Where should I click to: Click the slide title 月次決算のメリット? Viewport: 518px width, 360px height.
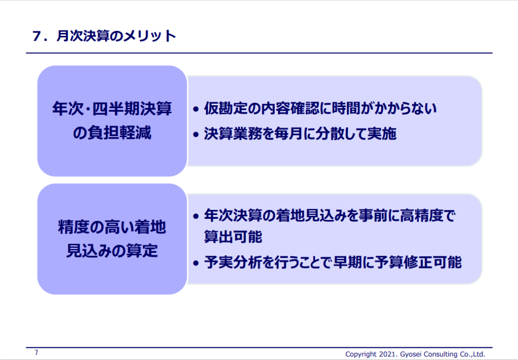tap(116, 36)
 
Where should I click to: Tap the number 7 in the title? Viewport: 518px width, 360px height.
tap(36, 36)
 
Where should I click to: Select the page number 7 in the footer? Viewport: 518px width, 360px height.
tap(36, 353)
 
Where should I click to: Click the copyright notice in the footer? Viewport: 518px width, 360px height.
tap(415, 354)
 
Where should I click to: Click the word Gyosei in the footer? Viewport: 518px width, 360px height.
tap(410, 354)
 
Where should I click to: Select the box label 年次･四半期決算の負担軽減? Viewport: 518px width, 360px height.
tap(112, 120)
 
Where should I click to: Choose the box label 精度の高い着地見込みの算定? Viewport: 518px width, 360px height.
tap(112, 239)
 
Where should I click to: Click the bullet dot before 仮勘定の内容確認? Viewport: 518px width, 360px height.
tap(196, 109)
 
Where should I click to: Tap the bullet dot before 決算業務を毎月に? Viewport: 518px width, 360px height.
tap(196, 134)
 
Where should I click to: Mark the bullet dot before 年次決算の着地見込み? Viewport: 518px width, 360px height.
tap(196, 216)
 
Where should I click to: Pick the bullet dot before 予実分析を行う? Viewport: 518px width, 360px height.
tap(196, 263)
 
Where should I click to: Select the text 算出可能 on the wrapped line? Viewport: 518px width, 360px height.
tap(233, 237)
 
